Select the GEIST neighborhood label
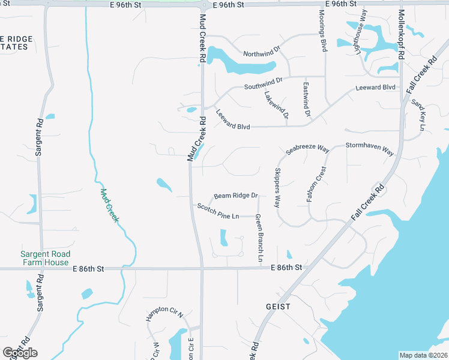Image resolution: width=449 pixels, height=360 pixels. click(x=278, y=306)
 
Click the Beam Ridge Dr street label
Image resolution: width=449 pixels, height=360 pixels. click(x=235, y=196)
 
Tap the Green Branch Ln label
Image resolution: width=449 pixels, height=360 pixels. click(x=260, y=238)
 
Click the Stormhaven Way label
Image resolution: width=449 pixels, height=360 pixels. click(x=369, y=148)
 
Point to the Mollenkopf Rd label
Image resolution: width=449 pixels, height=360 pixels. click(x=402, y=32)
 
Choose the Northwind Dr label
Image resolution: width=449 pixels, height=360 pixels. click(x=262, y=54)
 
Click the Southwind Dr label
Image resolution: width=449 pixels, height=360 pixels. click(x=263, y=83)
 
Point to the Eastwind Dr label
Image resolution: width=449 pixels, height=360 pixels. click(x=307, y=99)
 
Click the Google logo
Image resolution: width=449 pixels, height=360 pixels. click(x=20, y=352)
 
